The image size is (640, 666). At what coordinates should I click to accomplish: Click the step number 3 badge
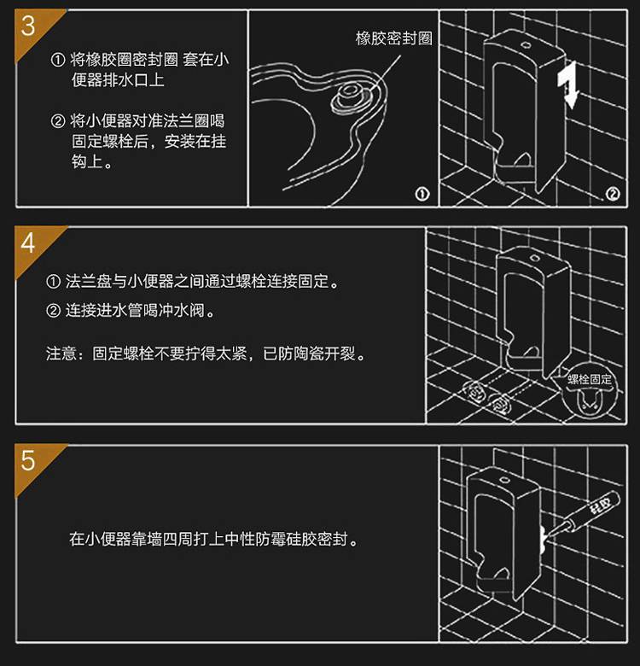pyautogui.click(x=28, y=26)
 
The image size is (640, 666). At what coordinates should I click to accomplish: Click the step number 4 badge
pyautogui.click(x=28, y=243)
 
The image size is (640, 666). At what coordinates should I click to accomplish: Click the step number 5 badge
pyautogui.click(x=28, y=461)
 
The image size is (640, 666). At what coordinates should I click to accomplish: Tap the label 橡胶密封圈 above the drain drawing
pyautogui.click(x=394, y=38)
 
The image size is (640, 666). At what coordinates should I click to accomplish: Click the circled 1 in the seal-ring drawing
pyautogui.click(x=422, y=194)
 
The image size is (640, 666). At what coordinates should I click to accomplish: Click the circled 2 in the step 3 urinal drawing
pyautogui.click(x=613, y=194)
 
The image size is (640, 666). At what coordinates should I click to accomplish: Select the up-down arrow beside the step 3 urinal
pyautogui.click(x=567, y=85)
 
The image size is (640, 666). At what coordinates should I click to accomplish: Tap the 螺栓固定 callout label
pyautogui.click(x=590, y=379)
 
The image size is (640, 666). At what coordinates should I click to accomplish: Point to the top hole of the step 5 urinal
pyautogui.click(x=504, y=481)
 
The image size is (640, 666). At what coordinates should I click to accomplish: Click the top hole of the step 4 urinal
pyautogui.click(x=535, y=258)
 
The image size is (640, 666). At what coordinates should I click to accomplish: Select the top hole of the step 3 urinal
pyautogui.click(x=525, y=44)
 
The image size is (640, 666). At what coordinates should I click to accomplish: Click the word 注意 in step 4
pyautogui.click(x=61, y=353)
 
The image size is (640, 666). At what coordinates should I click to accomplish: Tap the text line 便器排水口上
pyautogui.click(x=118, y=80)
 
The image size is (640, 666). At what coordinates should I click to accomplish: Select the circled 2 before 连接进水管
pyautogui.click(x=53, y=311)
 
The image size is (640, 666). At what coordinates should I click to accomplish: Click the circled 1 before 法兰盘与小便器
pyautogui.click(x=53, y=281)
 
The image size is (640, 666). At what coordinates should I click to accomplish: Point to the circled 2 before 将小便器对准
pyautogui.click(x=58, y=121)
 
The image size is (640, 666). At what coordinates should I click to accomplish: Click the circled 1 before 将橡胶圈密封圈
pyautogui.click(x=58, y=60)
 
